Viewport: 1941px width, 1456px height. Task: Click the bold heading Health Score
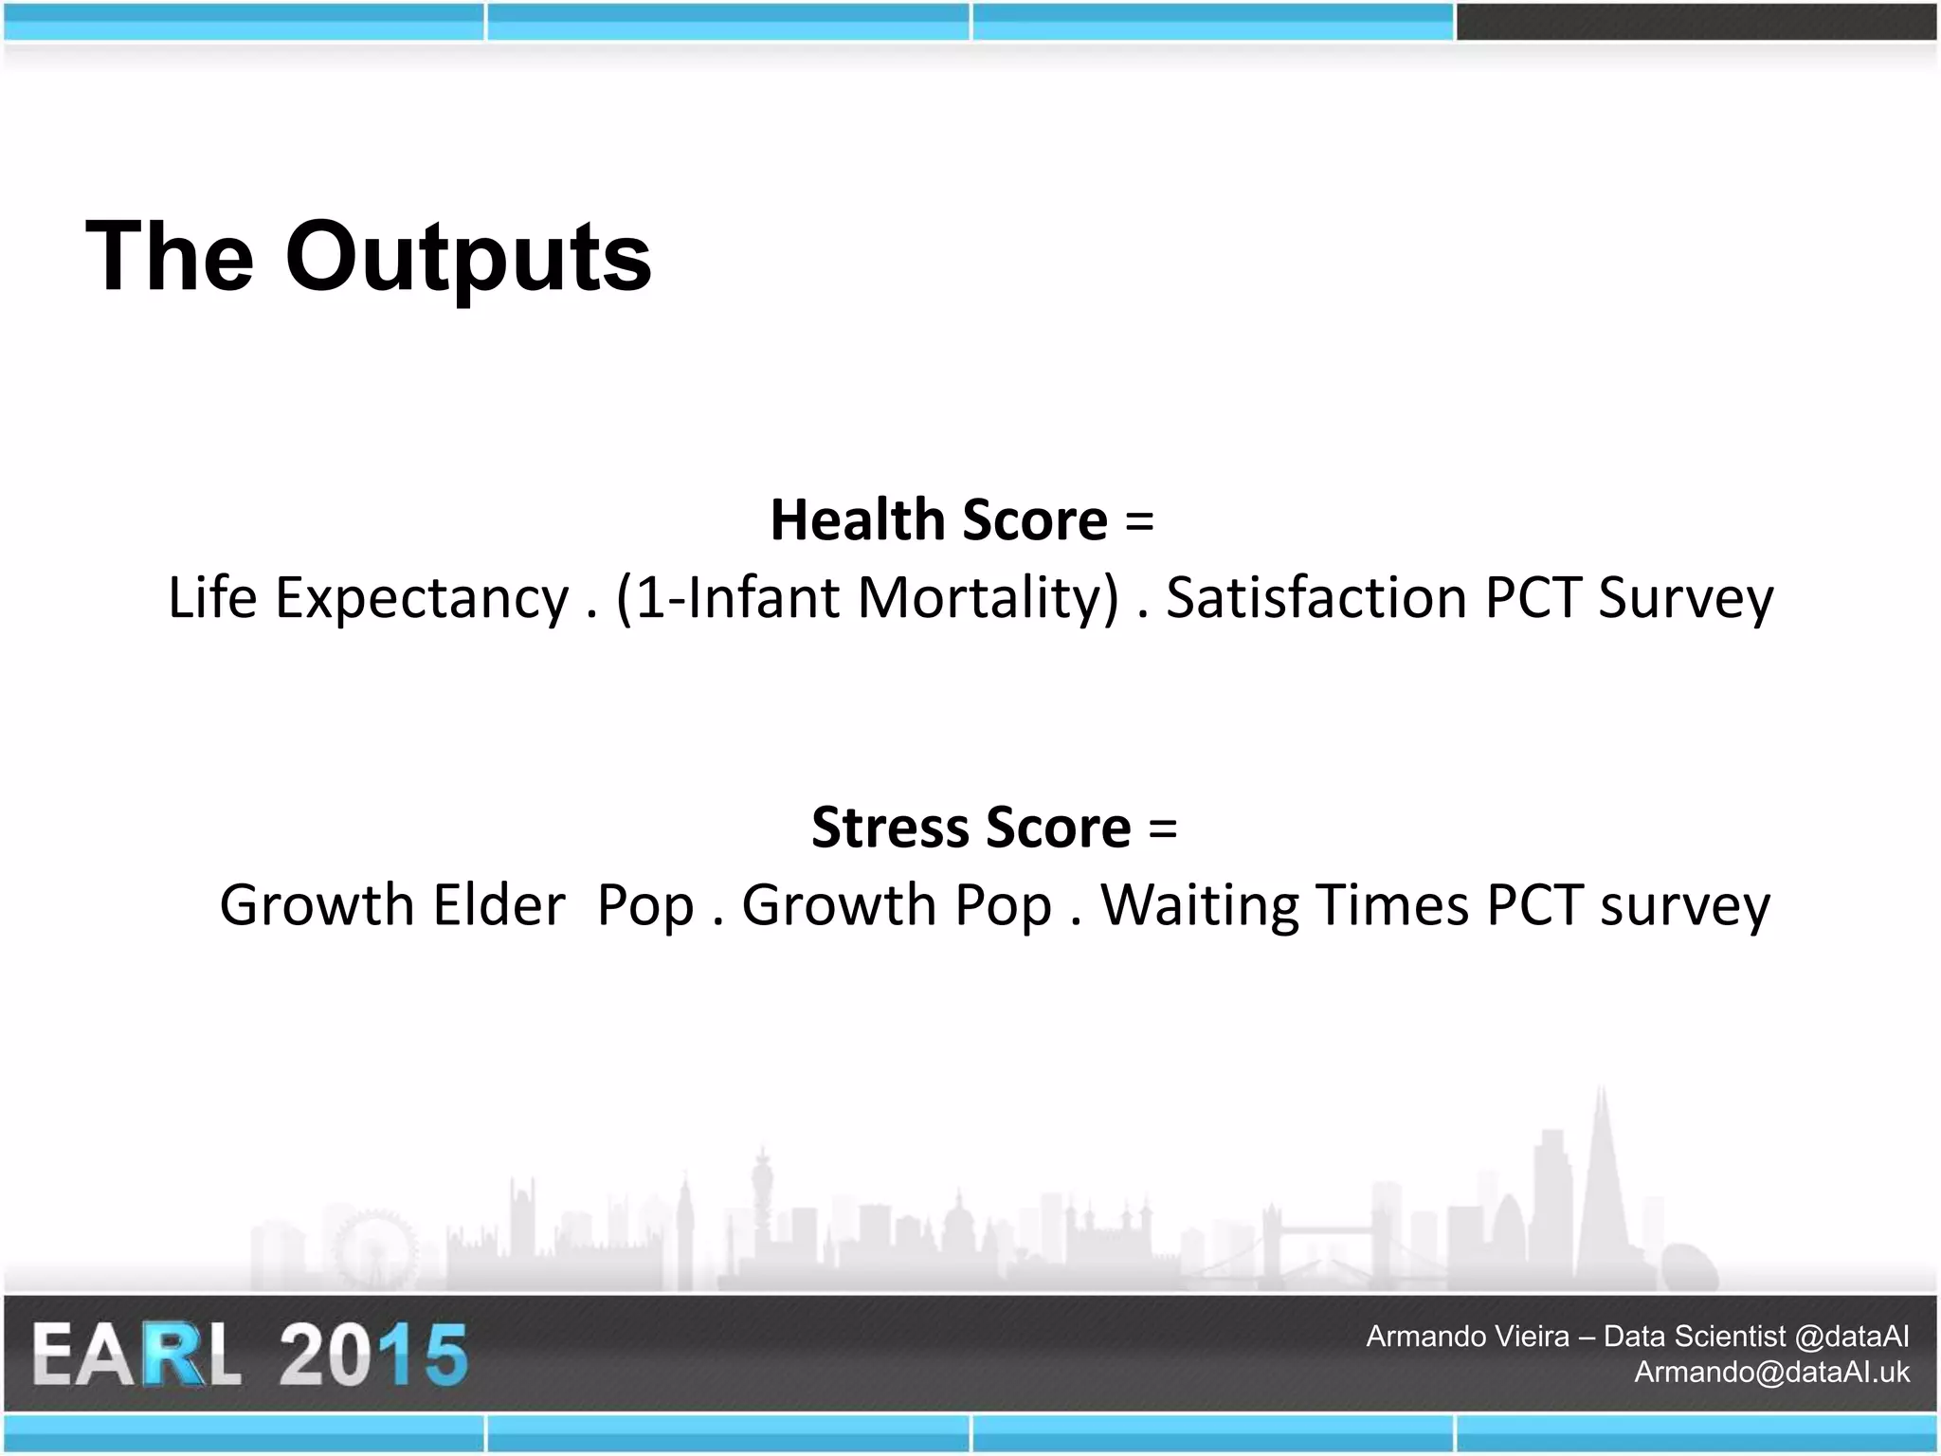pos(938,520)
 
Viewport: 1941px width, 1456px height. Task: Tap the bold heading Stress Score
pos(970,828)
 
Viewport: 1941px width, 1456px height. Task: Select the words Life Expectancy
pos(369,598)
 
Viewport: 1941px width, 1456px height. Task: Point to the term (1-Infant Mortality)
pos(867,598)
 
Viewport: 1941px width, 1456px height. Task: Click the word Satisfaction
pos(1316,598)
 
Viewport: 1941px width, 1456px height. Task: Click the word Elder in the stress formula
pos(499,905)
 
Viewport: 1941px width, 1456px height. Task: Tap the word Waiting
pos(1199,905)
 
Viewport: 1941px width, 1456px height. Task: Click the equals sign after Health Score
pos(1139,522)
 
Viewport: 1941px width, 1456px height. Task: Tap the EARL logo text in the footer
pos(136,1356)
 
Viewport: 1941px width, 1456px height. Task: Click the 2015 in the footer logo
pos(372,1356)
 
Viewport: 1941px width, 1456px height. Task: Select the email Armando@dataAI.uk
pos(1770,1372)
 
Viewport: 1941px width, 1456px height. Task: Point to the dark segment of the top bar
pos(1696,22)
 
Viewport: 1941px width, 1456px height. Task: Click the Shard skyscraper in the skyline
pos(1602,1185)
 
